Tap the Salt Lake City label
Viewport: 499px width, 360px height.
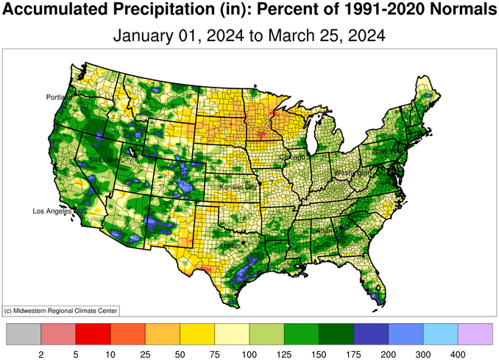click(111, 159)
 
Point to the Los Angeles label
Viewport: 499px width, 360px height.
click(52, 211)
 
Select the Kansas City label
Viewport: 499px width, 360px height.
click(238, 187)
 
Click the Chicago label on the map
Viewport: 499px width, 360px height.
click(292, 156)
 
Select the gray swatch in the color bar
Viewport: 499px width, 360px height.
click(23, 333)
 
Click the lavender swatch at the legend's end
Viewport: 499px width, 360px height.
click(475, 333)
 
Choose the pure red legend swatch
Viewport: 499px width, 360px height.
click(93, 333)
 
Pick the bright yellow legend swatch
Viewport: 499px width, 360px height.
click(197, 333)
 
